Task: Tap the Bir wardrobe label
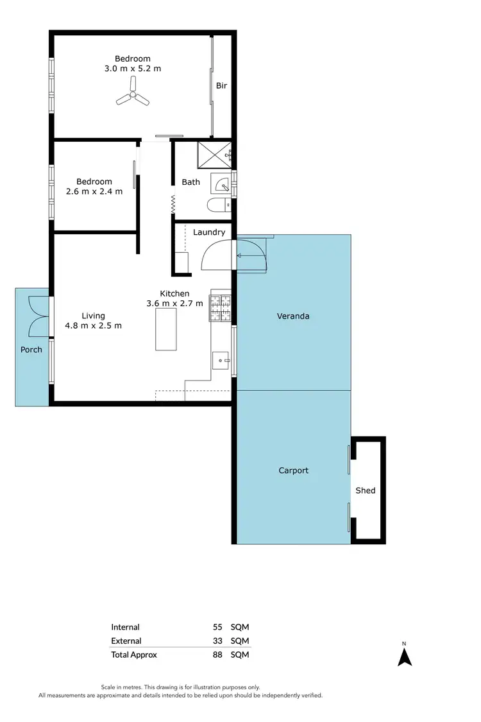[221, 85]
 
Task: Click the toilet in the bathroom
[216, 205]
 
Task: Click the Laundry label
[209, 232]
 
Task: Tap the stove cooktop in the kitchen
[219, 307]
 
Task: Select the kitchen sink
[222, 361]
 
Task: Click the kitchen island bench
[165, 329]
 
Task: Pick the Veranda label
[292, 316]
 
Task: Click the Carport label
[293, 470]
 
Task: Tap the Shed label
[366, 490]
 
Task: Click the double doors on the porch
[38, 317]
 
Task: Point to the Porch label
[31, 350]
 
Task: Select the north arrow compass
[404, 656]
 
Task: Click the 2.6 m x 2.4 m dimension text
[94, 191]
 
